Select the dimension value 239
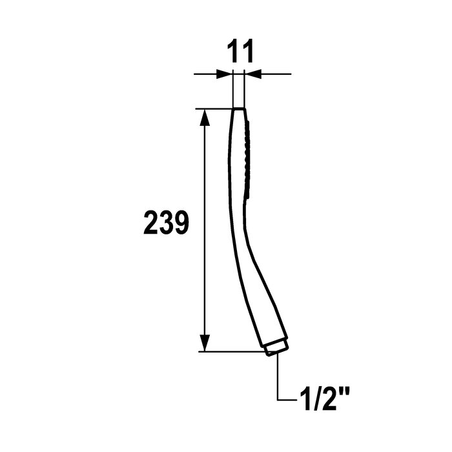[166, 223]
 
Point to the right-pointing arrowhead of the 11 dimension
[225, 74]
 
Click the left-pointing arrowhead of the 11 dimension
[252, 74]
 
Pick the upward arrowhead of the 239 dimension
[205, 118]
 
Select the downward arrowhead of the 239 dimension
[205, 343]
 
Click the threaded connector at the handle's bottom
[277, 348]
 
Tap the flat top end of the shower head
[239, 108]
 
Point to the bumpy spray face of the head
[248, 159]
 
